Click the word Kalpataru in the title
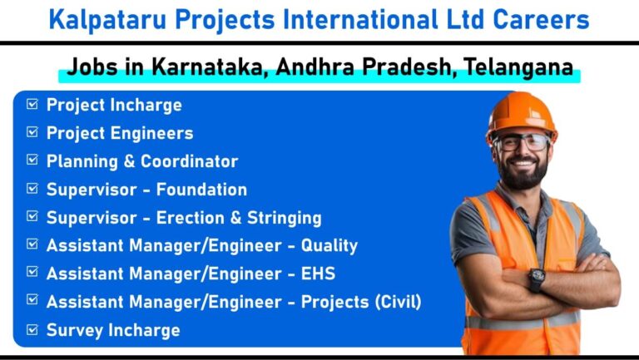pyautogui.click(x=107, y=20)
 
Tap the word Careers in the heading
pyautogui.click(x=541, y=20)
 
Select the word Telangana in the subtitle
pyautogui.click(x=519, y=67)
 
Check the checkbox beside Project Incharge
pyautogui.click(x=32, y=104)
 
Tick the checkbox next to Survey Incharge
pyautogui.click(x=32, y=329)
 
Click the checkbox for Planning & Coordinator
pyautogui.click(x=32, y=160)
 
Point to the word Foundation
pyautogui.click(x=201, y=190)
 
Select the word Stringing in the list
pyautogui.click(x=285, y=219)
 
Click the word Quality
pyautogui.click(x=329, y=246)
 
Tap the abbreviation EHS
pyautogui.click(x=319, y=274)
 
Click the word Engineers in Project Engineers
pyautogui.click(x=151, y=134)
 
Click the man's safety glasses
pyautogui.click(x=521, y=142)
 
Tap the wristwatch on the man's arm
pyautogui.click(x=537, y=279)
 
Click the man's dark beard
pyautogui.click(x=523, y=173)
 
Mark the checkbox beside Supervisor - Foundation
pyautogui.click(x=32, y=188)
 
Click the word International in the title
pyautogui.click(x=360, y=20)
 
